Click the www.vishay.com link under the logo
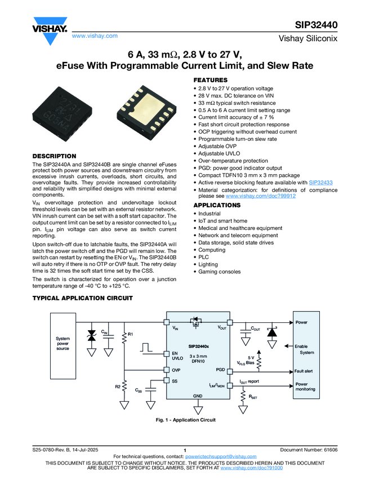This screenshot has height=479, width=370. (x=95, y=36)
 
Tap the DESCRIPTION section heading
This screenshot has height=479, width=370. (x=54, y=156)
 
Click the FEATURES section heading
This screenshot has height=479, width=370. (x=211, y=80)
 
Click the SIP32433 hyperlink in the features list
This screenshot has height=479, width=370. (x=321, y=183)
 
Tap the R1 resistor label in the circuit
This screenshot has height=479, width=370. (x=130, y=335)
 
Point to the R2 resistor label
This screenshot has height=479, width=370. (x=118, y=387)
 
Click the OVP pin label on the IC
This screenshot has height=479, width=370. (x=176, y=370)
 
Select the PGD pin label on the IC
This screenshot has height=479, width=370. (x=220, y=370)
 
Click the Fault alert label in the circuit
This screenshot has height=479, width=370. (x=303, y=371)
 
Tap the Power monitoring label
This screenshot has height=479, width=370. (x=305, y=387)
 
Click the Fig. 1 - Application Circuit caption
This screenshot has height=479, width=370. (x=186, y=420)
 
